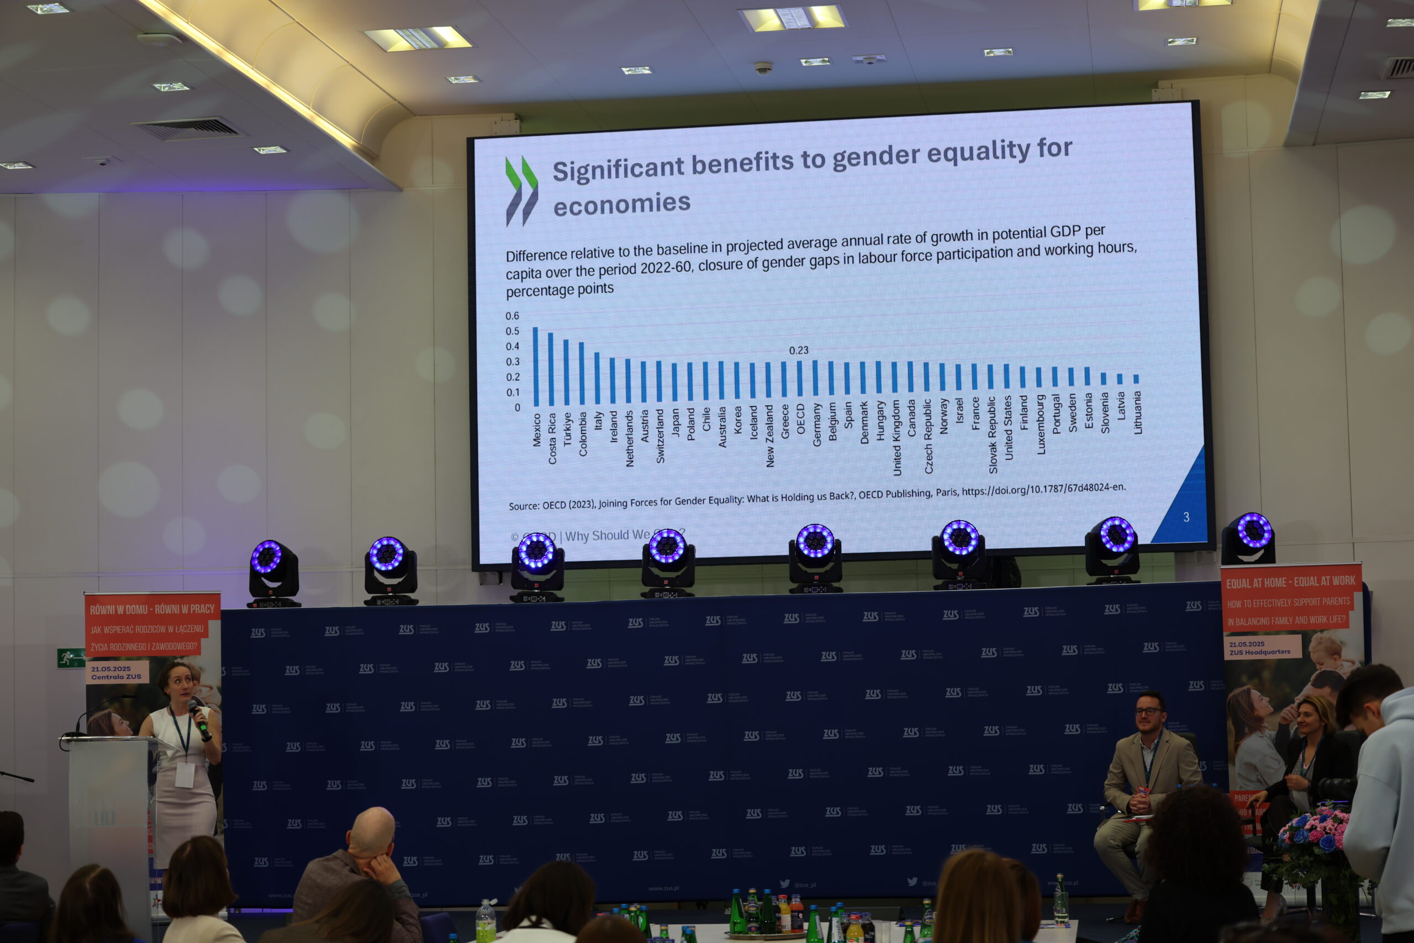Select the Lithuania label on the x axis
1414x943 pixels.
pyautogui.click(x=1137, y=412)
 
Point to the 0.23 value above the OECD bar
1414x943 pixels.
pyautogui.click(x=799, y=350)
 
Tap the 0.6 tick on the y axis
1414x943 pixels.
pyautogui.click(x=512, y=316)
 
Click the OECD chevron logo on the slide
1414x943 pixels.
pyautogui.click(x=521, y=190)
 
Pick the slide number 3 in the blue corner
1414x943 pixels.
pyautogui.click(x=1186, y=517)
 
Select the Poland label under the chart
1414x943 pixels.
pyautogui.click(x=691, y=424)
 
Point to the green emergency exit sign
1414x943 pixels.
pyautogui.click(x=70, y=658)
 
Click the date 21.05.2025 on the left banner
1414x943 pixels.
pyautogui.click(x=110, y=669)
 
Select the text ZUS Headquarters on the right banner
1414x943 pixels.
pyautogui.click(x=1259, y=652)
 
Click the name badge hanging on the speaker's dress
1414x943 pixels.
pyautogui.click(x=184, y=775)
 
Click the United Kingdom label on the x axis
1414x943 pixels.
pyautogui.click(x=896, y=438)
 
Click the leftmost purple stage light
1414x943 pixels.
pyautogui.click(x=267, y=557)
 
